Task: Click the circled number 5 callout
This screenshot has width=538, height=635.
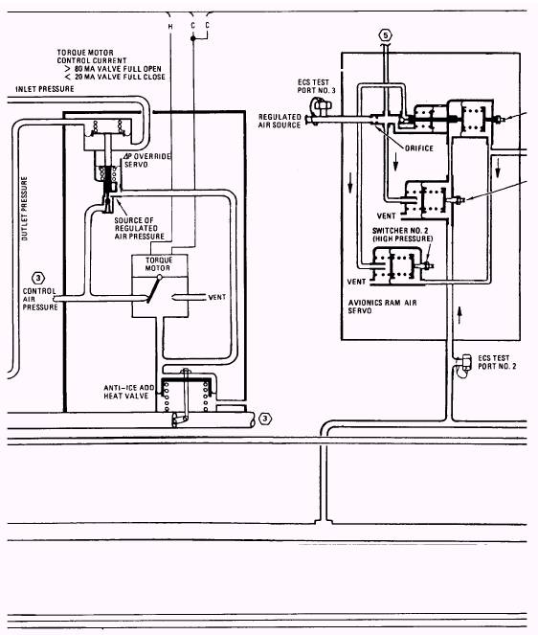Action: click(386, 35)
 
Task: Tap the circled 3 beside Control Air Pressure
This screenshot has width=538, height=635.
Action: click(38, 278)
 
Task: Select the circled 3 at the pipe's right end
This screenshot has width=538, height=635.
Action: click(265, 419)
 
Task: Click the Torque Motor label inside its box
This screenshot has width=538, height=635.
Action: click(158, 264)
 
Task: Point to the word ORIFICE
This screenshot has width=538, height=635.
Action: click(419, 148)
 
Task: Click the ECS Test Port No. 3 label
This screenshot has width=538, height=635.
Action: click(317, 86)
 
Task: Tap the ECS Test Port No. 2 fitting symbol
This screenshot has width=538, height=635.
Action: click(464, 365)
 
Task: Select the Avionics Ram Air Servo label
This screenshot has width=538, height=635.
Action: click(382, 306)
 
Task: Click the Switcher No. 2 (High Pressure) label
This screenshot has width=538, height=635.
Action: click(402, 235)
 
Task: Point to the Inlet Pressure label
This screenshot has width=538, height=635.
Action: click(45, 89)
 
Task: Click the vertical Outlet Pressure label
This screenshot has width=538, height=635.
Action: click(25, 209)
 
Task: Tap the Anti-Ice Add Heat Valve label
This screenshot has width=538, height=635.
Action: click(129, 392)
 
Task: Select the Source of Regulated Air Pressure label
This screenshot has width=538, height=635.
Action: click(139, 228)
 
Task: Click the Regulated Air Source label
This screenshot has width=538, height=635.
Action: click(280, 121)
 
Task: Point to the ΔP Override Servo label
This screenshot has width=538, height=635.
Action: click(147, 160)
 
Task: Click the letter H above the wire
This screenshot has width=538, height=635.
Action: click(170, 27)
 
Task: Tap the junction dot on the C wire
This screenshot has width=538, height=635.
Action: click(193, 38)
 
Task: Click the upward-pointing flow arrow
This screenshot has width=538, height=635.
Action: click(460, 315)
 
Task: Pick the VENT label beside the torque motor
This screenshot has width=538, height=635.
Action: click(217, 297)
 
